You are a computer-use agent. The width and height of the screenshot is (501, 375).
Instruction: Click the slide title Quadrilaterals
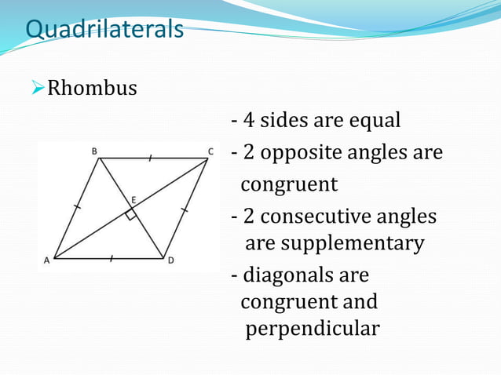click(x=104, y=29)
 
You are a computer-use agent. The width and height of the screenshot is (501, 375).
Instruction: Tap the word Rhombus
click(x=92, y=88)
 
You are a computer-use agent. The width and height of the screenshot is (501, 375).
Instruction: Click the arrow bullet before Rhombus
click(x=38, y=88)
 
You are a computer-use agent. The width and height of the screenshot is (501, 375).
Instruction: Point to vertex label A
click(x=46, y=261)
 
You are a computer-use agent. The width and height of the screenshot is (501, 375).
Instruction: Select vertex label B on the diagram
click(x=94, y=151)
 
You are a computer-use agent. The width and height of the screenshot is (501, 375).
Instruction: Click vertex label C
click(x=210, y=151)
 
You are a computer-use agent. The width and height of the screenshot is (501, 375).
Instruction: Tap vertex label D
click(x=170, y=261)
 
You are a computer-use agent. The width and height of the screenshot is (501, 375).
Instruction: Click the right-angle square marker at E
click(x=131, y=214)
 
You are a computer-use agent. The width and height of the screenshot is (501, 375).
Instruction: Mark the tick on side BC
click(x=149, y=158)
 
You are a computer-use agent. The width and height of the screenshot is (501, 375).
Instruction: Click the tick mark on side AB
click(x=76, y=208)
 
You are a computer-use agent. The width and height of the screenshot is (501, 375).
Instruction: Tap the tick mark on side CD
click(x=185, y=209)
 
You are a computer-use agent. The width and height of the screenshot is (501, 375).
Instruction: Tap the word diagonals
click(x=283, y=275)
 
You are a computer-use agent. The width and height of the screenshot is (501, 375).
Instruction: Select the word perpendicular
click(x=312, y=329)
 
